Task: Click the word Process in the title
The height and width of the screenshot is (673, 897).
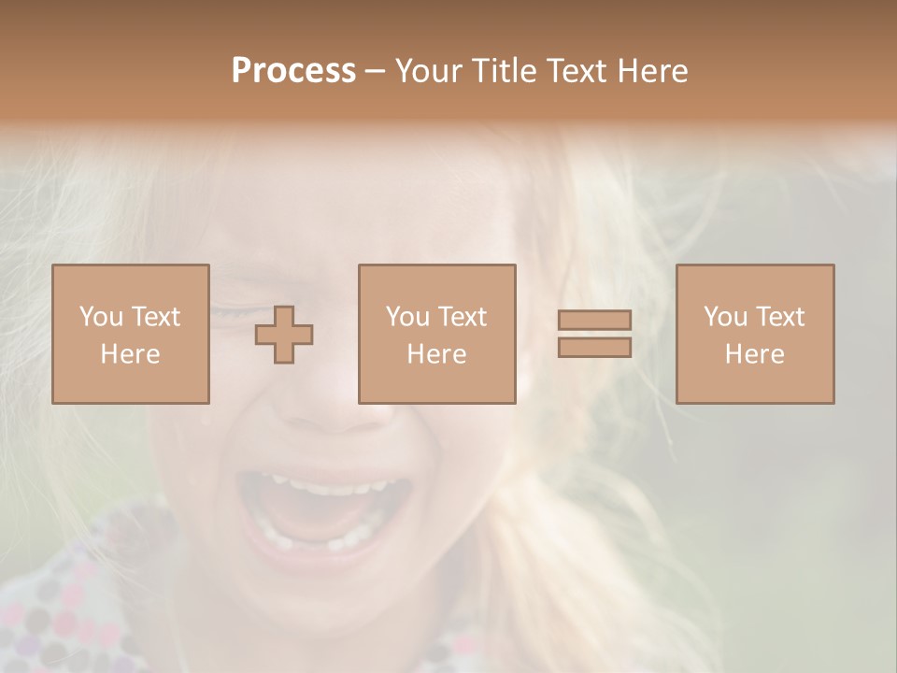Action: click(x=292, y=71)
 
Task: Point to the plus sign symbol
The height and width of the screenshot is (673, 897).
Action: click(x=284, y=335)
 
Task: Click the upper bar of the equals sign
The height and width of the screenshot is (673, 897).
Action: click(x=594, y=320)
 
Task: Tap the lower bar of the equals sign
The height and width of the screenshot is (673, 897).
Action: click(x=594, y=347)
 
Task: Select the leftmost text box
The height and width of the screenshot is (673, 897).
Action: click(x=130, y=334)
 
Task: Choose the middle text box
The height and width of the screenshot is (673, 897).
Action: click(x=436, y=334)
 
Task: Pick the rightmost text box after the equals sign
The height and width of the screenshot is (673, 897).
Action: click(x=754, y=334)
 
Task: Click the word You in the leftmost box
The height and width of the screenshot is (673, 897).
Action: click(x=101, y=317)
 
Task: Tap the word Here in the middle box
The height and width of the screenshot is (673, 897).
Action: click(x=436, y=354)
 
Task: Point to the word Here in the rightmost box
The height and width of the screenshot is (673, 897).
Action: click(x=754, y=354)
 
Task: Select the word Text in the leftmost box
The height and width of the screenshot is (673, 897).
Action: click(x=155, y=317)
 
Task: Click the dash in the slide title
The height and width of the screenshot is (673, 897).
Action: click(x=376, y=72)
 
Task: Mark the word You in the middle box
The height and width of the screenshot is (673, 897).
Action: click(x=407, y=317)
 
